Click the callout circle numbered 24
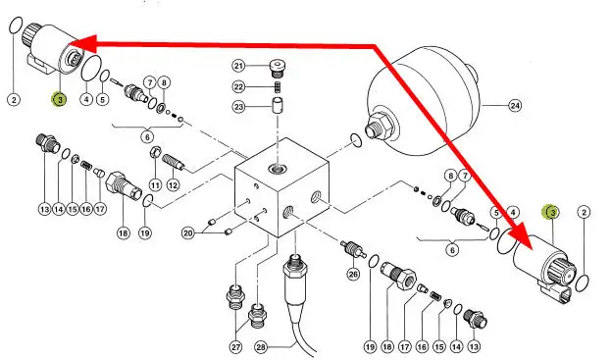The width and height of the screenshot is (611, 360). (x=515, y=106)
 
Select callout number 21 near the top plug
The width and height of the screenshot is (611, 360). (x=239, y=66)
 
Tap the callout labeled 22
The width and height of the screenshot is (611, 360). (x=239, y=86)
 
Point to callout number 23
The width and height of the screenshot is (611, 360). (x=239, y=106)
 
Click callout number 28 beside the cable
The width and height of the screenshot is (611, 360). (x=261, y=346)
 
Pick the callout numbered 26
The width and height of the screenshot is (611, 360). (x=353, y=275)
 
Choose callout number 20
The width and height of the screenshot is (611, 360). (x=188, y=233)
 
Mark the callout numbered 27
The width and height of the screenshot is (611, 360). (x=235, y=346)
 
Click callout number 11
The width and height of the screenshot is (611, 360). (x=156, y=185)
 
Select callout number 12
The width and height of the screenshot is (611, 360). (x=173, y=185)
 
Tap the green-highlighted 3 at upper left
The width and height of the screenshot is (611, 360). (x=60, y=100)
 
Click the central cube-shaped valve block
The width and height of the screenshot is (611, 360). (x=281, y=187)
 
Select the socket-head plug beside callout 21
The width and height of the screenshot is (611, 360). (x=277, y=69)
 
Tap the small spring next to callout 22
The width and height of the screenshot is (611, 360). (x=278, y=87)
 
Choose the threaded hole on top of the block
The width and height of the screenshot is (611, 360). (x=277, y=169)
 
